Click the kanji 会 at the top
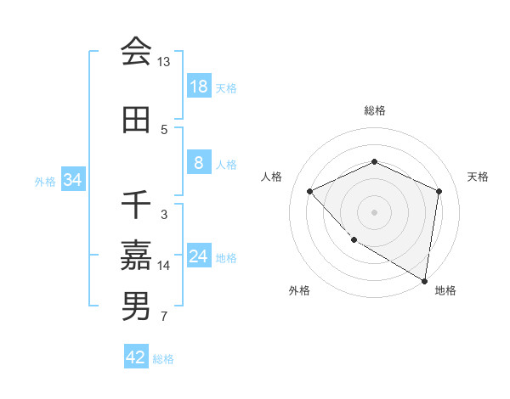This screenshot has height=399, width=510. pyautogui.click(x=136, y=53)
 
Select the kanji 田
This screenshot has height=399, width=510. pyautogui.click(x=136, y=120)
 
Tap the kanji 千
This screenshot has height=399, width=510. pyautogui.click(x=136, y=205)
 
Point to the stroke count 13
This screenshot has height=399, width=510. pyautogui.click(x=163, y=62)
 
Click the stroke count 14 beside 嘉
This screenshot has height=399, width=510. pyautogui.click(x=163, y=266)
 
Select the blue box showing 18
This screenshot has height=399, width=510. pyautogui.click(x=198, y=87)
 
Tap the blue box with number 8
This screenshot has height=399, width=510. pyautogui.click(x=198, y=163)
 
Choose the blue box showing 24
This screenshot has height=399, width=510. pyautogui.click(x=198, y=256)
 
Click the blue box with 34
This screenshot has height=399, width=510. pyautogui.click(x=72, y=180)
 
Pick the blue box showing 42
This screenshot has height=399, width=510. pyautogui.click(x=135, y=357)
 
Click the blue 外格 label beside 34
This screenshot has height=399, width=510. pyautogui.click(x=45, y=181)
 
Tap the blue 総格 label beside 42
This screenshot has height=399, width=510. pyautogui.click(x=163, y=359)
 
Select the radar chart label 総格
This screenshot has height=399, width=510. pyautogui.click(x=374, y=110)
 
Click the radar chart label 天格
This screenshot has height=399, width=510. pyautogui.click(x=479, y=177)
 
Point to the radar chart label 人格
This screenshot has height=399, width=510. pyautogui.click(x=272, y=177)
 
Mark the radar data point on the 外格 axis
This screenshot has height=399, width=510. pyautogui.click(x=354, y=240)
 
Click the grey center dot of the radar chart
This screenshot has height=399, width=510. pyautogui.click(x=374, y=212)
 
